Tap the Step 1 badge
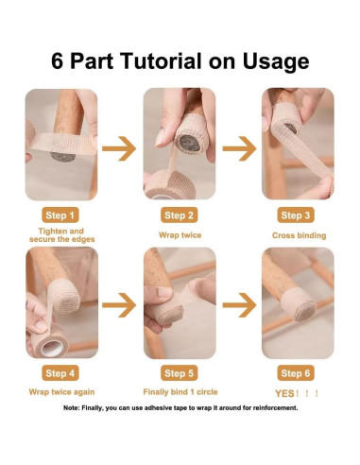[x=60, y=215]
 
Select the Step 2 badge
[x=179, y=215]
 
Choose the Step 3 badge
[x=296, y=215]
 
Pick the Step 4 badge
[x=60, y=373]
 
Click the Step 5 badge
[x=179, y=373]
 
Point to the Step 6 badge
[x=296, y=373]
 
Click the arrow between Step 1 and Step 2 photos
[x=119, y=148]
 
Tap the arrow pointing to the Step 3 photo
[x=239, y=148]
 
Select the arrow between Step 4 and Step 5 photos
[x=119, y=305]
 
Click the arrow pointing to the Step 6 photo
[x=239, y=305]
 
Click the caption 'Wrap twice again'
[x=61, y=392]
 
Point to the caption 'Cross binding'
[x=300, y=235]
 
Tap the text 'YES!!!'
[x=297, y=393]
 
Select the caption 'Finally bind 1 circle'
[x=180, y=392]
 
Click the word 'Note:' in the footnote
[x=72, y=408]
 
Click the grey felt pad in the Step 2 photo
[x=189, y=144]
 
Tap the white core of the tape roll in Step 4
[x=52, y=348]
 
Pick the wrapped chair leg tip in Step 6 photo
[x=299, y=304]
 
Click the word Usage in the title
[x=276, y=61]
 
